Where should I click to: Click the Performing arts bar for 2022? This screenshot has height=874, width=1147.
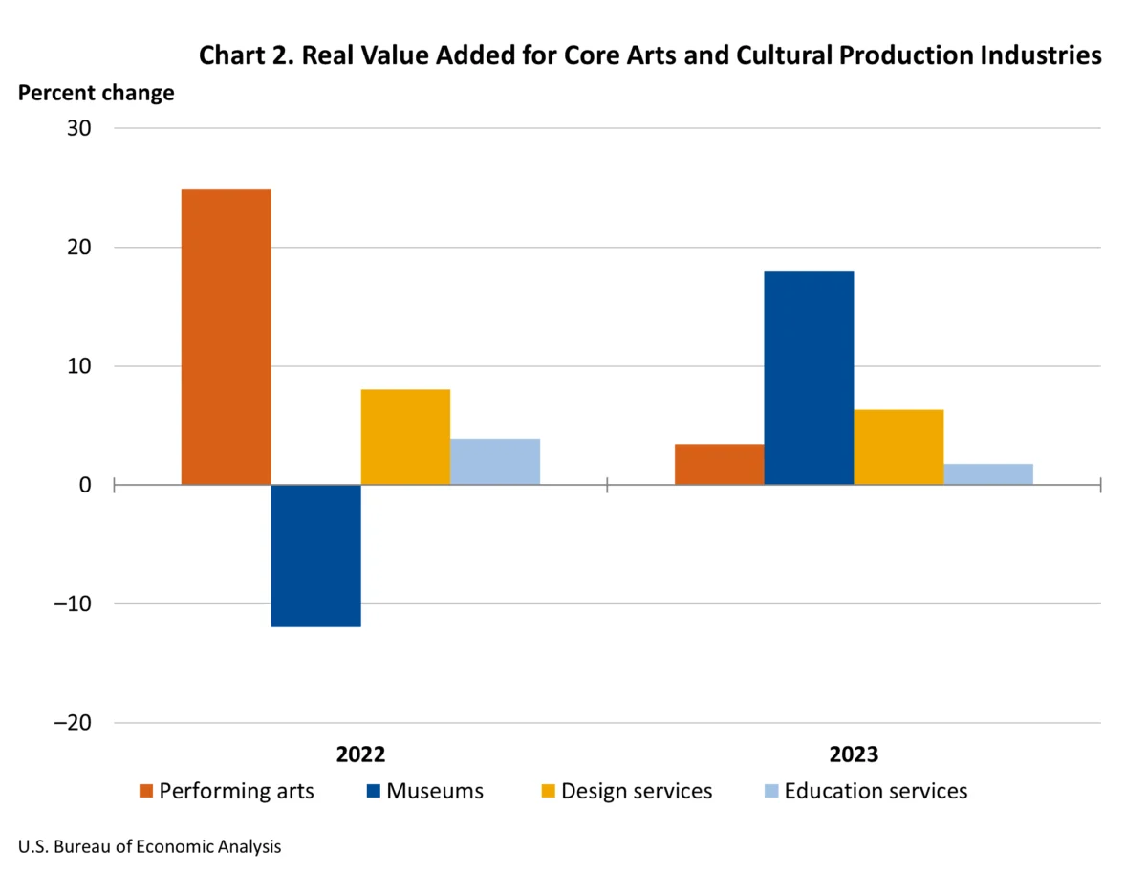[x=226, y=337]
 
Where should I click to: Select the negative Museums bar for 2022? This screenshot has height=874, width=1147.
[x=315, y=556]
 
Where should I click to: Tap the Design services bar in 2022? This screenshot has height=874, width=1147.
[x=405, y=437]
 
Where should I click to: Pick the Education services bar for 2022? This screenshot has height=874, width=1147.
[x=495, y=462]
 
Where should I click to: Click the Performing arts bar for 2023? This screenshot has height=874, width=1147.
[x=719, y=465]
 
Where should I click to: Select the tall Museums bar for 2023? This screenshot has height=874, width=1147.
[x=809, y=378]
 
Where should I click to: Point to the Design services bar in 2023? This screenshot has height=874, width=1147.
[x=898, y=448]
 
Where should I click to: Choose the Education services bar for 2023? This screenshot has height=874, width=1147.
[x=988, y=474]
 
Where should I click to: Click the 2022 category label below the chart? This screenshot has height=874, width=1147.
[x=360, y=754]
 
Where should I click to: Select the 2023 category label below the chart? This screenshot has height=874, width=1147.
[x=854, y=754]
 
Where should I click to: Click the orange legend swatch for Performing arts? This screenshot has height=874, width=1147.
[x=146, y=792]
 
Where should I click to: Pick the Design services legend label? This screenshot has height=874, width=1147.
[x=637, y=792]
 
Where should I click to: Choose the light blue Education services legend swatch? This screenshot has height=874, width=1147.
[x=771, y=792]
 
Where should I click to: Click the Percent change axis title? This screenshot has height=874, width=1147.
[x=97, y=93]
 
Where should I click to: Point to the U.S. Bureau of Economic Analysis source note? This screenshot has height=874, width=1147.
[x=150, y=846]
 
